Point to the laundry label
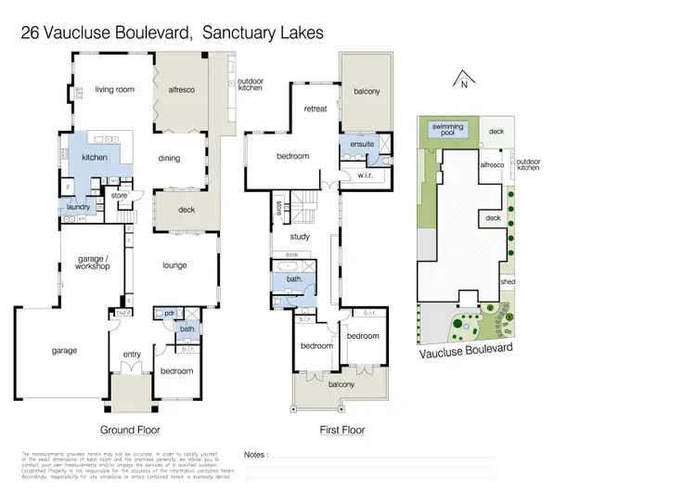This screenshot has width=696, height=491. (78, 206)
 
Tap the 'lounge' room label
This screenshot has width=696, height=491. (174, 265)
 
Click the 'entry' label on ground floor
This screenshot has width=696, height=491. (132, 353)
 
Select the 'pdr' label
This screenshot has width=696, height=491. (169, 313)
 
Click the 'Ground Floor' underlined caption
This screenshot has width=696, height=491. (130, 430)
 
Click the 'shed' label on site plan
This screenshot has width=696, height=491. (507, 281)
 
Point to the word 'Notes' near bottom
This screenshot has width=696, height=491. (255, 455)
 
